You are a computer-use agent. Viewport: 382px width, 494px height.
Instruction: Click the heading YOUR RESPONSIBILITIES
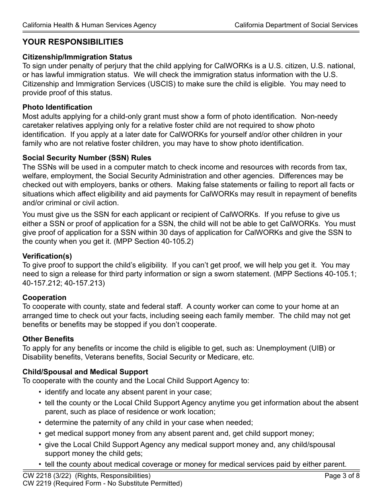pyautogui.click(x=73, y=42)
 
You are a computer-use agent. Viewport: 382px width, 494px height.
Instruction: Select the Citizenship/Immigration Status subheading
pyautogui.click(x=77, y=57)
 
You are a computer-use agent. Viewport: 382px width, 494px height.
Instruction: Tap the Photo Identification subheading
pyautogui.click(x=57, y=107)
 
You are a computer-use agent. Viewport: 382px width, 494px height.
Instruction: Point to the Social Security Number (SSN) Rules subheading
pyautogui.click(x=87, y=158)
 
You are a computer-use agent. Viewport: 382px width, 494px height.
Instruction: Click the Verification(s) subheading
pyautogui.click(x=47, y=256)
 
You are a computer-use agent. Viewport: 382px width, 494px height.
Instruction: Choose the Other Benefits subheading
pyautogui.click(x=48, y=339)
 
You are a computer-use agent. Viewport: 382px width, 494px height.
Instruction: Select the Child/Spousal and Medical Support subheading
pyautogui.click(x=85, y=372)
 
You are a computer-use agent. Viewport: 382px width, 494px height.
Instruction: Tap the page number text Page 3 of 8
pyautogui.click(x=342, y=476)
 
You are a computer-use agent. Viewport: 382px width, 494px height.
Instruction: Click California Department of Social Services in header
pyautogui.click(x=296, y=25)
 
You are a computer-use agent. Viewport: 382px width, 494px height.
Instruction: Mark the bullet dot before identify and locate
pyautogui.click(x=40, y=392)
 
